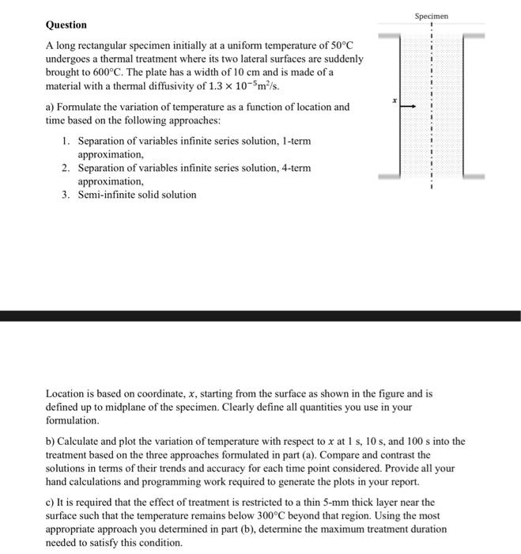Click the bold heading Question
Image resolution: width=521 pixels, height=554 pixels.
(66, 25)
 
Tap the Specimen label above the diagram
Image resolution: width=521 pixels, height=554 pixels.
(431, 15)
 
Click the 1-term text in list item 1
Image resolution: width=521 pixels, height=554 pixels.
(293, 141)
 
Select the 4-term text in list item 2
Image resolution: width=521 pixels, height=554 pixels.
(293, 168)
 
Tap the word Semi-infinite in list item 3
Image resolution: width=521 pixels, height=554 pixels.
(109, 195)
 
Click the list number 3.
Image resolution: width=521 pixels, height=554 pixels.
(66, 195)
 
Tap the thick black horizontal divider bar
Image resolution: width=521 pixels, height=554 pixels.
(260, 316)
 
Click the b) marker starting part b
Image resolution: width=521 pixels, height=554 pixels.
(51, 442)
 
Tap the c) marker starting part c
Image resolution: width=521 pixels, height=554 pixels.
(51, 502)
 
